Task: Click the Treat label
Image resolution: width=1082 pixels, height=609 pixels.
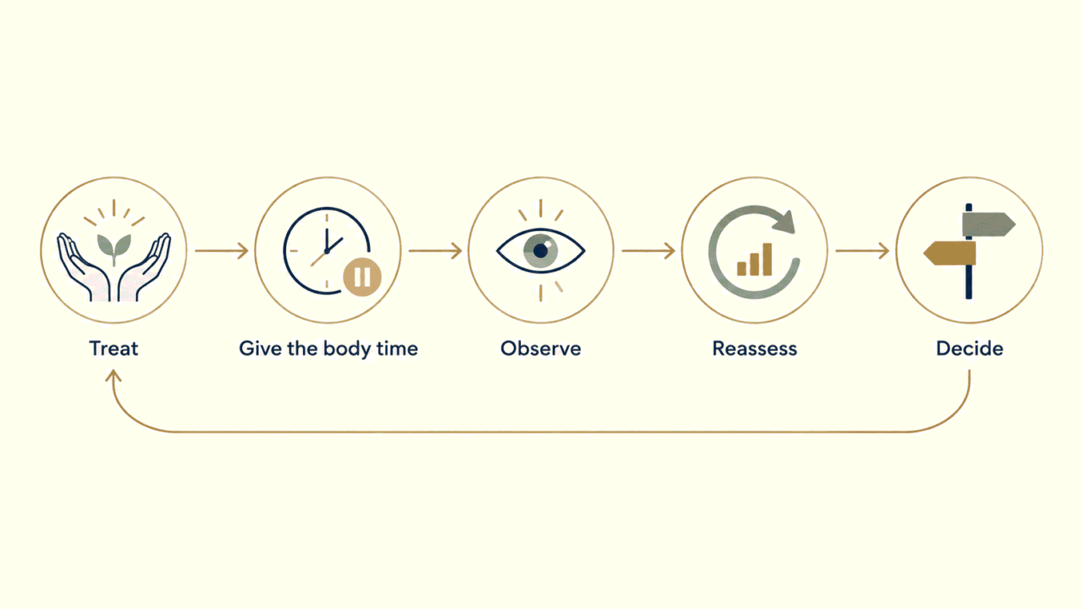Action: (114, 349)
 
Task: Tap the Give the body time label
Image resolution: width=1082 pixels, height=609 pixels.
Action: (328, 349)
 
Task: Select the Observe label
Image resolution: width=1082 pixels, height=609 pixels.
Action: (540, 349)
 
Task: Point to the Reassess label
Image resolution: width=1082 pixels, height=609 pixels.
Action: (754, 349)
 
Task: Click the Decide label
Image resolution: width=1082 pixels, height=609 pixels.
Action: (969, 349)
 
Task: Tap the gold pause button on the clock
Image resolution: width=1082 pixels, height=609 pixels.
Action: (362, 277)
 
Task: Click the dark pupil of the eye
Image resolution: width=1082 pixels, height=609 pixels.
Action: (540, 250)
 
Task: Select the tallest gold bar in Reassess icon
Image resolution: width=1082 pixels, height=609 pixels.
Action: (767, 260)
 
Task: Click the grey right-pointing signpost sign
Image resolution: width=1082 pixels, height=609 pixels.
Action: (988, 225)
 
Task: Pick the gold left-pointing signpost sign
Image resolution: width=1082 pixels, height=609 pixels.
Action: (950, 253)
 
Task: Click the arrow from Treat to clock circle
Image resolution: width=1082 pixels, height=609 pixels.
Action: (221, 250)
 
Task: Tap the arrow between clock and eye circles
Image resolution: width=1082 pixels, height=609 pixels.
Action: (435, 250)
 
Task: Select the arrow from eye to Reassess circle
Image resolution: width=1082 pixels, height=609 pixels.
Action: (648, 250)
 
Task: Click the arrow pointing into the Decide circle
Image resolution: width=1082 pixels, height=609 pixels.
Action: (863, 250)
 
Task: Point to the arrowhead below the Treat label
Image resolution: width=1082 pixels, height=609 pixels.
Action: (113, 376)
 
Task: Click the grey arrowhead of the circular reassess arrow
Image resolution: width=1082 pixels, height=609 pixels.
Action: (784, 222)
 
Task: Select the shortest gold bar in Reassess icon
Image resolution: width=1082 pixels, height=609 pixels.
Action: (741, 268)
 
